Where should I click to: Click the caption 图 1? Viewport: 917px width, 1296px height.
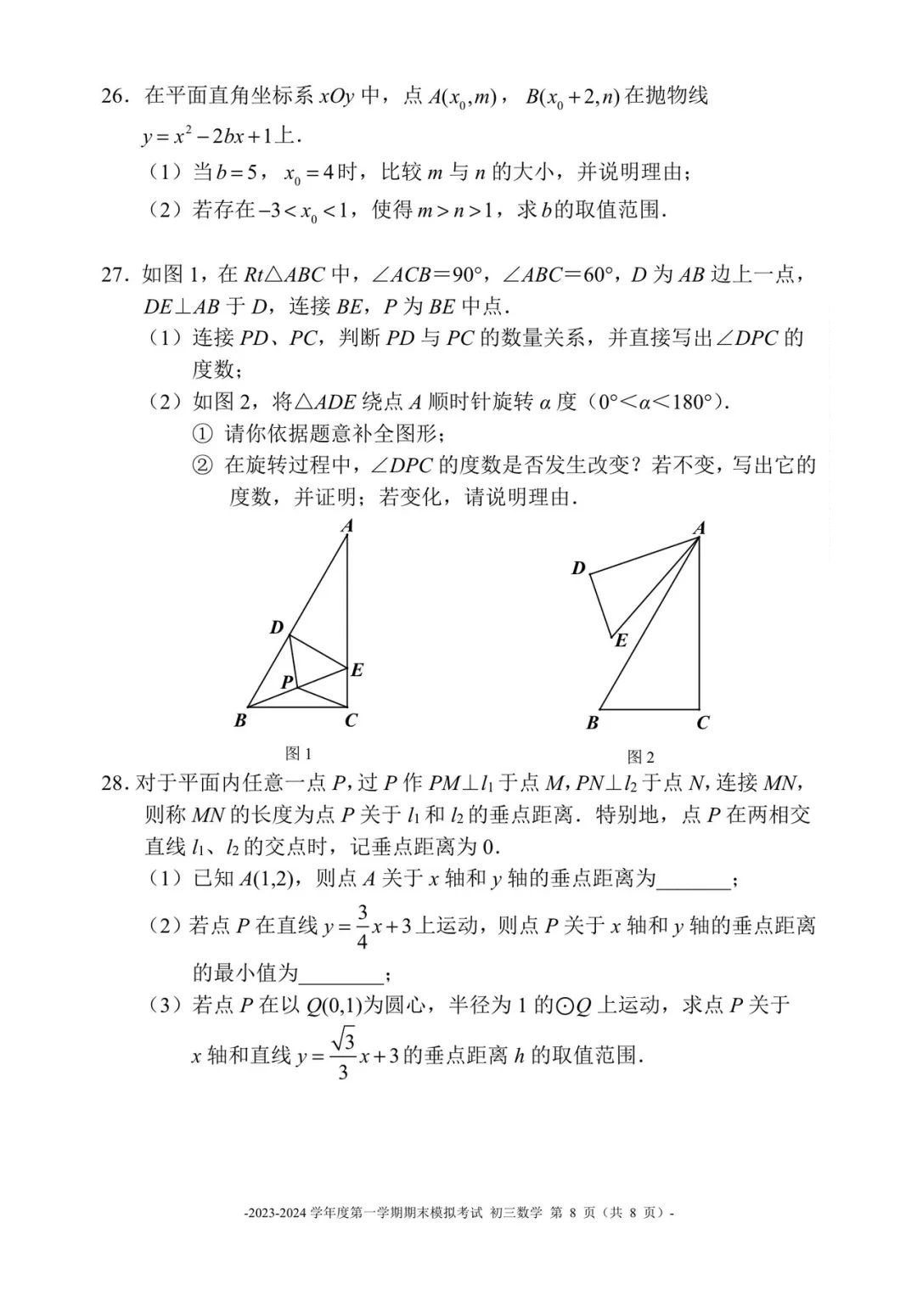pos(299,753)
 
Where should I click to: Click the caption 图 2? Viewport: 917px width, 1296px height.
pos(640,756)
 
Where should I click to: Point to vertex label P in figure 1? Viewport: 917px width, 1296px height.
pos(287,682)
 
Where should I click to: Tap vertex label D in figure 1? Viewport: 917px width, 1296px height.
pos(277,628)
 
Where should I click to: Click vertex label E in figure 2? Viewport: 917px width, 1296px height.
pos(621,641)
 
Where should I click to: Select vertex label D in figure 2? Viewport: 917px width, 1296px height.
pos(578,568)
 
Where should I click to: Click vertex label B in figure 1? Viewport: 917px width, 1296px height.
pos(240,721)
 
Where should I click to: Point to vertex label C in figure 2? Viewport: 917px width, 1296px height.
pos(702,724)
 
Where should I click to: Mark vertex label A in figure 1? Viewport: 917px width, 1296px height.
pos(346,527)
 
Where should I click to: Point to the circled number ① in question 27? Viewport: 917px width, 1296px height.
pos(201,434)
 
